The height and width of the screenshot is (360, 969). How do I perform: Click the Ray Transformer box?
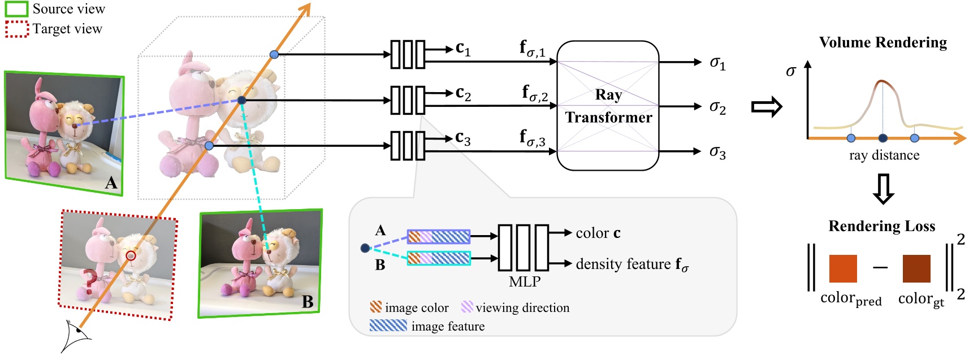pos(608,106)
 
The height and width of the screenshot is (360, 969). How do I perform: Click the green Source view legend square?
pos(16,8)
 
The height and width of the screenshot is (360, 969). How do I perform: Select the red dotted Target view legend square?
pos(16,29)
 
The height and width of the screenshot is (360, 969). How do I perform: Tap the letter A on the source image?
pos(111,183)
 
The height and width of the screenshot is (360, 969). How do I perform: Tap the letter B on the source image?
pos(307,302)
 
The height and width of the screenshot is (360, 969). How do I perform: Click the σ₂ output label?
pos(717,107)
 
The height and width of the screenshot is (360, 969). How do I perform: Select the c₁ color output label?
pos(462,49)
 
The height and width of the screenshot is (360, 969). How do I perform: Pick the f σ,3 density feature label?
pos(532,138)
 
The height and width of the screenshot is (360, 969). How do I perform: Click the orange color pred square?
pos(842,268)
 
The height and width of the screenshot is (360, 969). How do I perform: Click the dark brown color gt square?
pos(916,268)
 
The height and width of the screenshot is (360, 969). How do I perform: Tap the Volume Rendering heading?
pos(883,42)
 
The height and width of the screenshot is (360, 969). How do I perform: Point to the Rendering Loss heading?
pos(881,226)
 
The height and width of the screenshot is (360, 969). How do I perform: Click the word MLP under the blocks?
pos(524,281)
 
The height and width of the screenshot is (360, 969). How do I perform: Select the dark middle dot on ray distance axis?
pos(883,138)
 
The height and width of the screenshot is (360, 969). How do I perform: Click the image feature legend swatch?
pos(388,326)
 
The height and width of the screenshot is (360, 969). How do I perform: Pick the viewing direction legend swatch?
pos(467,307)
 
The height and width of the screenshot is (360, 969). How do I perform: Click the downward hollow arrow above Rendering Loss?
pos(883,189)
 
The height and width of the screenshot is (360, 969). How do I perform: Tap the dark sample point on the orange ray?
pos(242,101)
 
